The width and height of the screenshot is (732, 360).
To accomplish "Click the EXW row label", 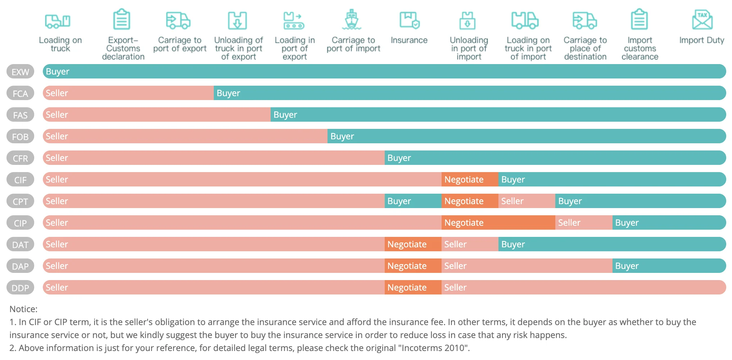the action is [20, 72].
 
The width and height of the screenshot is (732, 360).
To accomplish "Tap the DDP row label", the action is [20, 288].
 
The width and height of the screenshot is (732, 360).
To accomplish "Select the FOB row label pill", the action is [20, 136].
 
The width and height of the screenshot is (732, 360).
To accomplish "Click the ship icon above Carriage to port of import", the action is [352, 19].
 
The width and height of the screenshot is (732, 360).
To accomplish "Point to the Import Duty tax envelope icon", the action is [702, 20].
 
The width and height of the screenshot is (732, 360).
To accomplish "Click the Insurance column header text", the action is [409, 40].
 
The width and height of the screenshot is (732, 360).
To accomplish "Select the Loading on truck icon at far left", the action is [58, 21].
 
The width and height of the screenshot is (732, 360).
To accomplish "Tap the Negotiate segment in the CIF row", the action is [470, 179].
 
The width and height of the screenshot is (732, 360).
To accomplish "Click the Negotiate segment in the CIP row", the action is [498, 222].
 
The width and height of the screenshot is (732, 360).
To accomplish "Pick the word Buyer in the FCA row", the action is [228, 93].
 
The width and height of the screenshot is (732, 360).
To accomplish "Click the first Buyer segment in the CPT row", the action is [413, 201].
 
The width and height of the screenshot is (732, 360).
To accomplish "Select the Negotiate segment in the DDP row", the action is [413, 287].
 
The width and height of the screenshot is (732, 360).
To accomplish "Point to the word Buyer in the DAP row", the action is [627, 266].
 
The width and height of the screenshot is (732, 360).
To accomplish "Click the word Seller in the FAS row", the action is [57, 114].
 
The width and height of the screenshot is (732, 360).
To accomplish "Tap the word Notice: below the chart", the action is [23, 309].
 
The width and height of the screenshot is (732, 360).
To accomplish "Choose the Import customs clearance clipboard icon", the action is [640, 19].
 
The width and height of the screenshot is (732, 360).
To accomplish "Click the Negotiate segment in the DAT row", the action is [413, 244].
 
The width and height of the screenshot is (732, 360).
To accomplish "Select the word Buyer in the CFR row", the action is [399, 158].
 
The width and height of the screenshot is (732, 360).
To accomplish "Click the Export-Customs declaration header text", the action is [123, 48].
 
